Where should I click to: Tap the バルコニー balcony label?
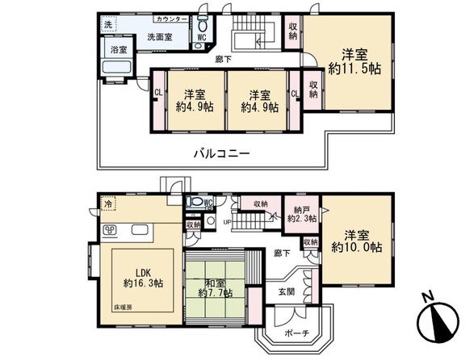221,153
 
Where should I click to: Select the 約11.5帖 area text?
354,69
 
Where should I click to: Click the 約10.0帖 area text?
357,247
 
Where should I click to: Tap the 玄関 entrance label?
287,292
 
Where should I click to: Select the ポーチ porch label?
297,333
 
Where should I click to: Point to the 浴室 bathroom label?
119,49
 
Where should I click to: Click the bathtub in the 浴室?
116,67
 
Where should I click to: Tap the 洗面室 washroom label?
160,37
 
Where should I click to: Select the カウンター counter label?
172,19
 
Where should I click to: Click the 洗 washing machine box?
108,24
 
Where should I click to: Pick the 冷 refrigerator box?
108,203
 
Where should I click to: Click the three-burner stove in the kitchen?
110,231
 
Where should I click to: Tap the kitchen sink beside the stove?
140,230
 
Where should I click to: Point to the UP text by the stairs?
227,222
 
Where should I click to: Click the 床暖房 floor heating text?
123,308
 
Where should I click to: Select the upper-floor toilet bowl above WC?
203,26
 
